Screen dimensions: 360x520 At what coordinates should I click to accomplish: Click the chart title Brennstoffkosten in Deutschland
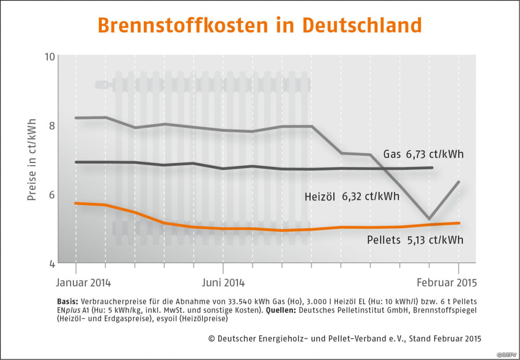click(259, 25)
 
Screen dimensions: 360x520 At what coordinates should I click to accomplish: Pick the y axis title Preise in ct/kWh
click(32, 159)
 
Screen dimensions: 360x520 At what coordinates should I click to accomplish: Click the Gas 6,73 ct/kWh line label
click(424, 154)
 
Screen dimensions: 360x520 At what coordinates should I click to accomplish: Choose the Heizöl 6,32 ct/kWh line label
click(351, 196)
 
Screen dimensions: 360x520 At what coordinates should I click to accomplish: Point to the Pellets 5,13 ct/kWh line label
click(415, 239)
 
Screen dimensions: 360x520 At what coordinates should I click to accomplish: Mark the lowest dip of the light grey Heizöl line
click(429, 219)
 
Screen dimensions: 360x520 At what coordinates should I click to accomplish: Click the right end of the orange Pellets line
click(459, 223)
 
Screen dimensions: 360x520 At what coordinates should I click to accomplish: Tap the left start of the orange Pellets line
click(76, 203)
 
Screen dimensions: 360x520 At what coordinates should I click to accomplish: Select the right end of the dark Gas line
click(432, 168)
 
